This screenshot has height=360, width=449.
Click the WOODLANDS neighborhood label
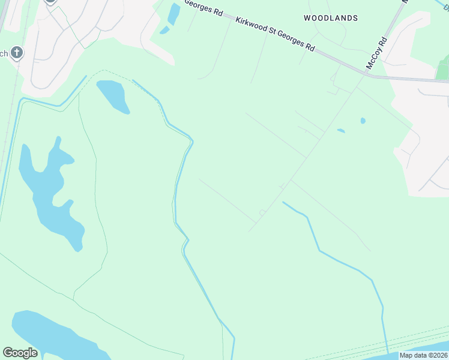[x=330, y=18]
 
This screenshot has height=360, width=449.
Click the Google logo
[x=20, y=352]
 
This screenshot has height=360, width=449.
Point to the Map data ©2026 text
[x=424, y=355]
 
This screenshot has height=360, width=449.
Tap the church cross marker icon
[x=17, y=53]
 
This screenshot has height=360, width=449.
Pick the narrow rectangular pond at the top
[x=174, y=14]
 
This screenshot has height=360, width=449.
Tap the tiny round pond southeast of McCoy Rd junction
[x=363, y=121]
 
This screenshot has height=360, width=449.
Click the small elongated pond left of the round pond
[x=341, y=130]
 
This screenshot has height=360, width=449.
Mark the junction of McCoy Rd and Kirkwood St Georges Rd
[x=366, y=75]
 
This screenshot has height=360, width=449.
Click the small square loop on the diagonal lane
[x=262, y=212]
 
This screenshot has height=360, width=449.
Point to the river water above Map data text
[x=420, y=347]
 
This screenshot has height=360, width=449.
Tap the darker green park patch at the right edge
[x=443, y=69]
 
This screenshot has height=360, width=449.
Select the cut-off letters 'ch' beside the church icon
[x=4, y=53]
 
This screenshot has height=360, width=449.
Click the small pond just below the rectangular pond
[x=164, y=30]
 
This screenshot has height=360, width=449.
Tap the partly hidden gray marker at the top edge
[x=50, y=2]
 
